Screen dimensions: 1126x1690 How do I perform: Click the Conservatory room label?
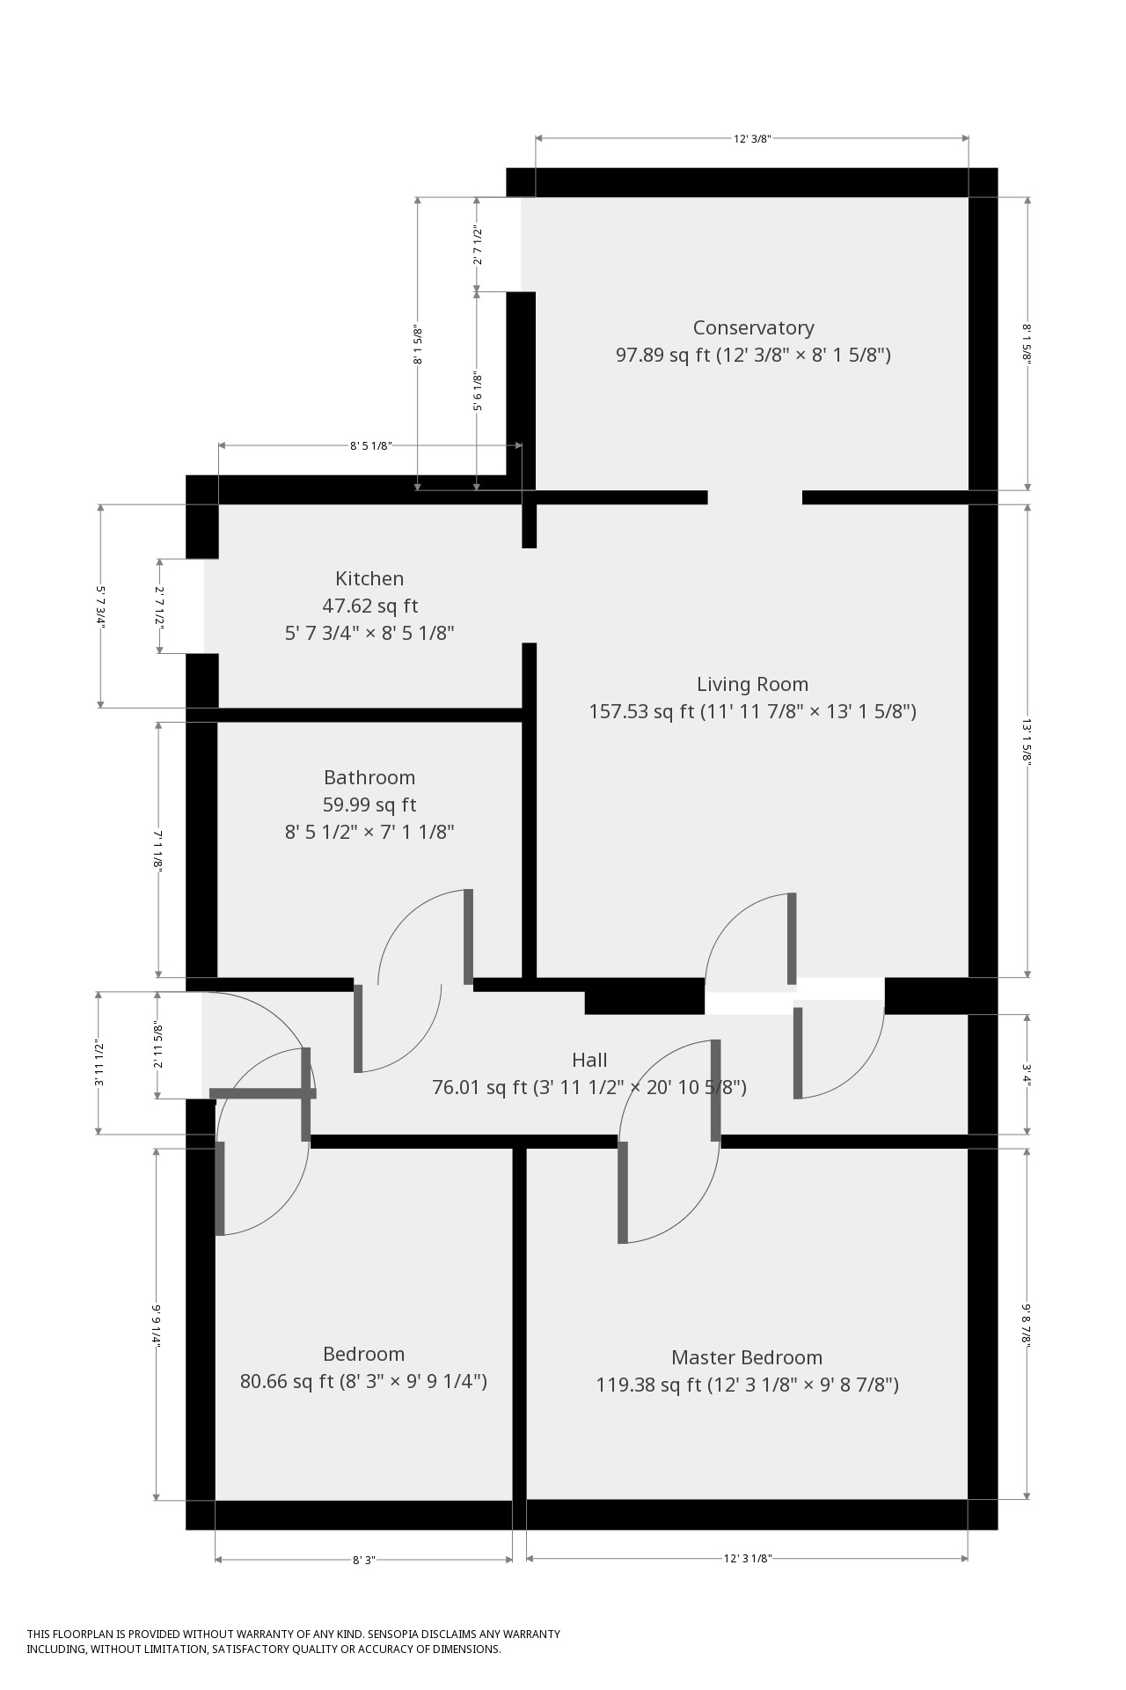click(x=753, y=327)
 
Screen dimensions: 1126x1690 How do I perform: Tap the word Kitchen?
click(x=369, y=578)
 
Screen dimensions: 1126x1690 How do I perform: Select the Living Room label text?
click(x=752, y=684)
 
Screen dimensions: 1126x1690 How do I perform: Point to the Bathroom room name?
click(x=369, y=777)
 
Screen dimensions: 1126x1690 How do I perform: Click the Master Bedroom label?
click(x=747, y=1357)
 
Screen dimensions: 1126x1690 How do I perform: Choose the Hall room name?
click(x=589, y=1060)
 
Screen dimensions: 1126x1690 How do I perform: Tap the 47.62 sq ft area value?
click(x=369, y=606)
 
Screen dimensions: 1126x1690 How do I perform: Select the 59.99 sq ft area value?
click(x=369, y=805)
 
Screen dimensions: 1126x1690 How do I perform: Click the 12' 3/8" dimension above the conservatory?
click(x=752, y=138)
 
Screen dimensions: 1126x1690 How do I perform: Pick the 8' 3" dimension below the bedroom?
click(x=363, y=1560)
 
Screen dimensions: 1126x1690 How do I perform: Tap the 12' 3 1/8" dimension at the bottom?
click(x=747, y=1559)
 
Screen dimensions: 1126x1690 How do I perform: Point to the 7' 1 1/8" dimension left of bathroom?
click(x=158, y=850)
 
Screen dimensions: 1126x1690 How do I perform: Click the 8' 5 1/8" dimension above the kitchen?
click(x=369, y=446)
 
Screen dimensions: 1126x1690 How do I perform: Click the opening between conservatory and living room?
click(x=755, y=497)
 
